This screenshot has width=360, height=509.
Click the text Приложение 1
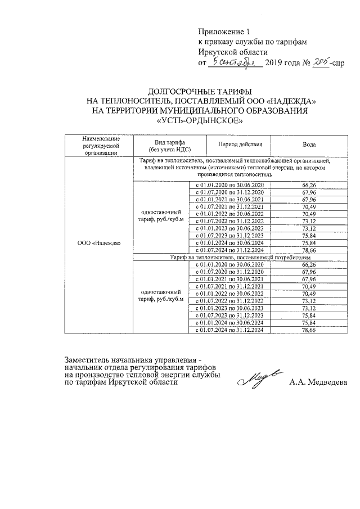(x=223, y=31)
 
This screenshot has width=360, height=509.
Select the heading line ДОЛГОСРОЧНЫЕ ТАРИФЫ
(x=200, y=91)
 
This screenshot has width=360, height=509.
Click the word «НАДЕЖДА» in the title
(x=291, y=101)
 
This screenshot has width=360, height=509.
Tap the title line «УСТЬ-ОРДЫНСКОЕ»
(x=200, y=120)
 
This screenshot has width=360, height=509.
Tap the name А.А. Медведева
(x=318, y=383)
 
